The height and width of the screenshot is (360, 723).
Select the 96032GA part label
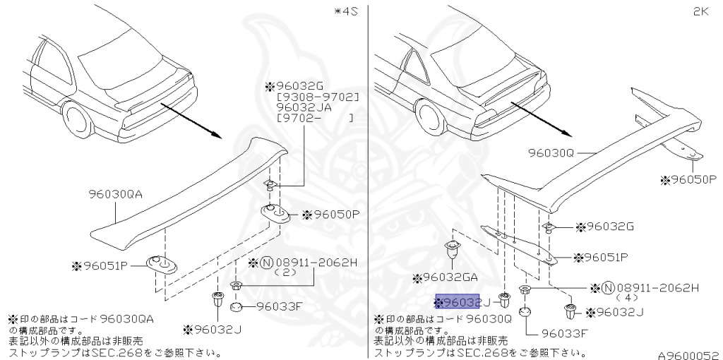[x=451, y=278]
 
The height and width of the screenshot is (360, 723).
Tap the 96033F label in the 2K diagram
[x=565, y=334]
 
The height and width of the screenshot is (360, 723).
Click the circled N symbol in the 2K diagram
[x=607, y=287]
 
